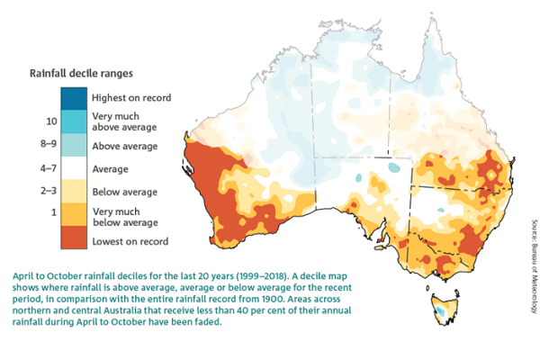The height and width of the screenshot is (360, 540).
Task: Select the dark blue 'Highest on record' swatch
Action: [x=74, y=97]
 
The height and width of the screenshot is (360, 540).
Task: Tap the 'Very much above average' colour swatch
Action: [x=74, y=121]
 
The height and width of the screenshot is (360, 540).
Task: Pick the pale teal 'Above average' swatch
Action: [x=74, y=145]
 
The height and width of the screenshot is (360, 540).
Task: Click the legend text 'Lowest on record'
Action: [x=130, y=241]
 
